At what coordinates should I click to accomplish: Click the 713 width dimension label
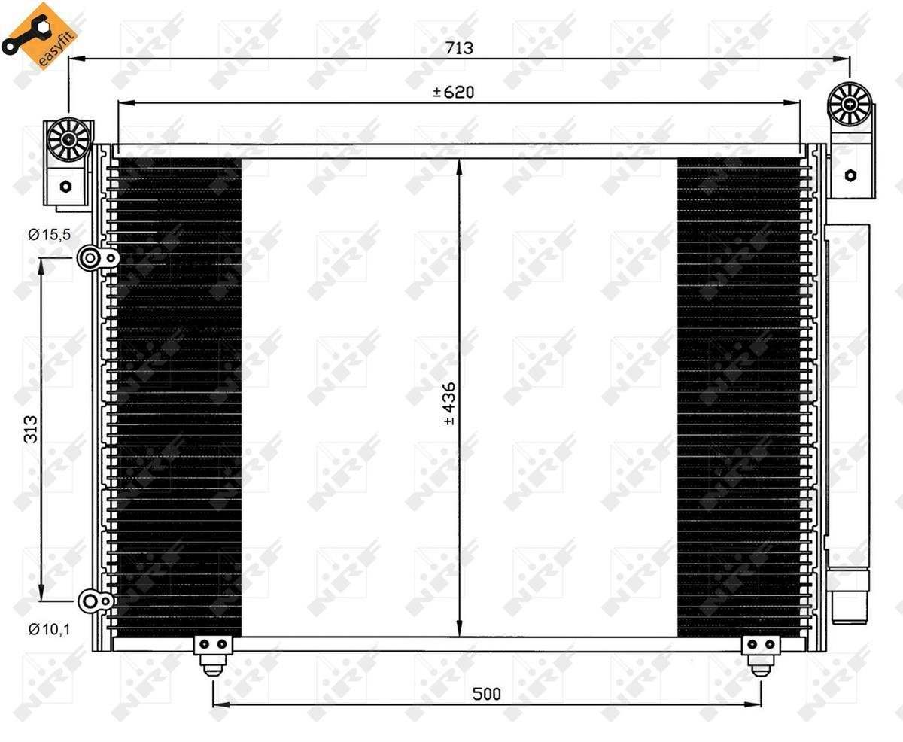pyautogui.click(x=459, y=47)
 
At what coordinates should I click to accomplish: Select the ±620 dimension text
pyautogui.click(x=454, y=92)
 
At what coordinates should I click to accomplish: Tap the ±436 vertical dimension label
pyautogui.click(x=448, y=404)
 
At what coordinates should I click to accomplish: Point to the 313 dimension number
pyautogui.click(x=31, y=429)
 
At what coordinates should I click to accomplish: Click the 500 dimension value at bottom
pyautogui.click(x=486, y=694)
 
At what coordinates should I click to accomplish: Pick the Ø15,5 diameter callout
pyautogui.click(x=49, y=234)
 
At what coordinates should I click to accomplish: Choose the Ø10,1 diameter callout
pyautogui.click(x=49, y=629)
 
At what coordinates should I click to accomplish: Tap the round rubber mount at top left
pyautogui.click(x=68, y=139)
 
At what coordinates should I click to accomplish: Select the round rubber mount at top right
pyautogui.click(x=850, y=104)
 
